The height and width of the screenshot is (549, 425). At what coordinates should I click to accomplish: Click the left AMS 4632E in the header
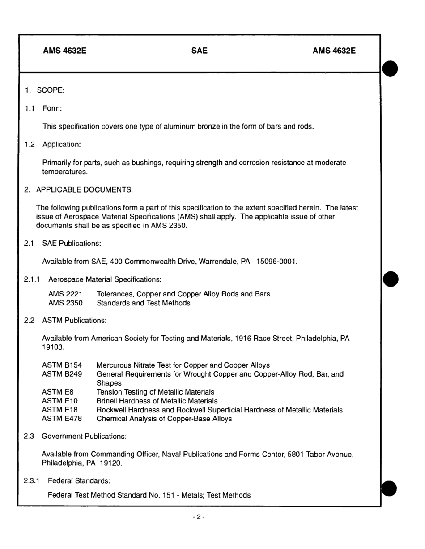point(64,51)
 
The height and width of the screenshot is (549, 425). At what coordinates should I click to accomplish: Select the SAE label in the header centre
point(199,51)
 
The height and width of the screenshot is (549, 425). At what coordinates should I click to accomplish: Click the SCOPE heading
point(51,90)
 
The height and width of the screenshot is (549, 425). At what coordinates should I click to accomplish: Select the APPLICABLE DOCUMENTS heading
point(85,190)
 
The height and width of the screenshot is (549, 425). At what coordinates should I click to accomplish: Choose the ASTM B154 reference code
point(62,365)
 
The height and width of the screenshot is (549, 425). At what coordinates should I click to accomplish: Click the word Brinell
point(107,401)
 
